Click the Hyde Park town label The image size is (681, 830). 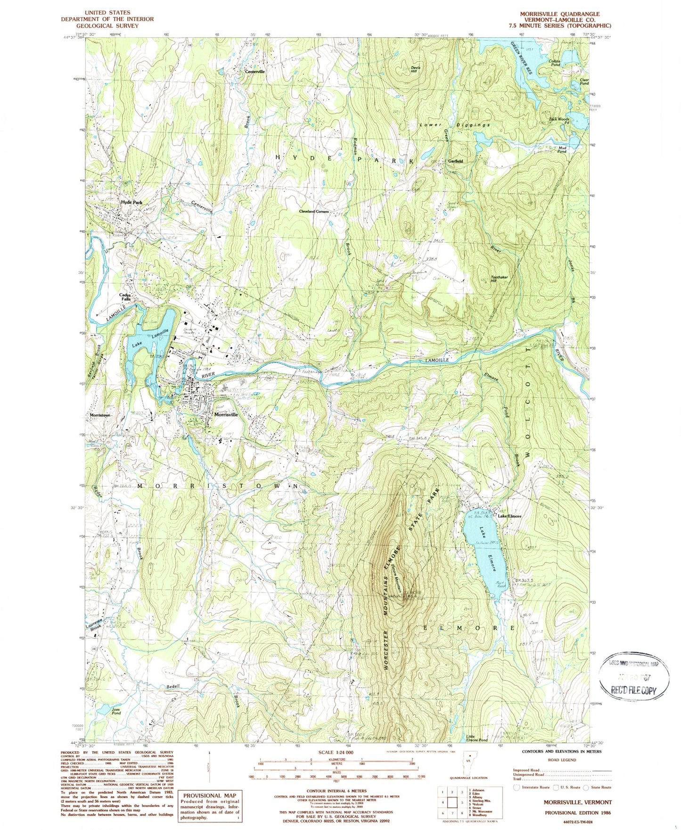(x=131, y=202)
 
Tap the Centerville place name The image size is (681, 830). (x=254, y=72)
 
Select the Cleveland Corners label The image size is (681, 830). (x=314, y=212)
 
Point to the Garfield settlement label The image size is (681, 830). (x=455, y=161)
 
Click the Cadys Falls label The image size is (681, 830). (x=125, y=297)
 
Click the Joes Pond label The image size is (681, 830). (x=116, y=711)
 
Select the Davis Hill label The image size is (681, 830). (x=415, y=69)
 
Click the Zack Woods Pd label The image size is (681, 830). (x=559, y=121)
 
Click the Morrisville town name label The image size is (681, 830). (x=226, y=415)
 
